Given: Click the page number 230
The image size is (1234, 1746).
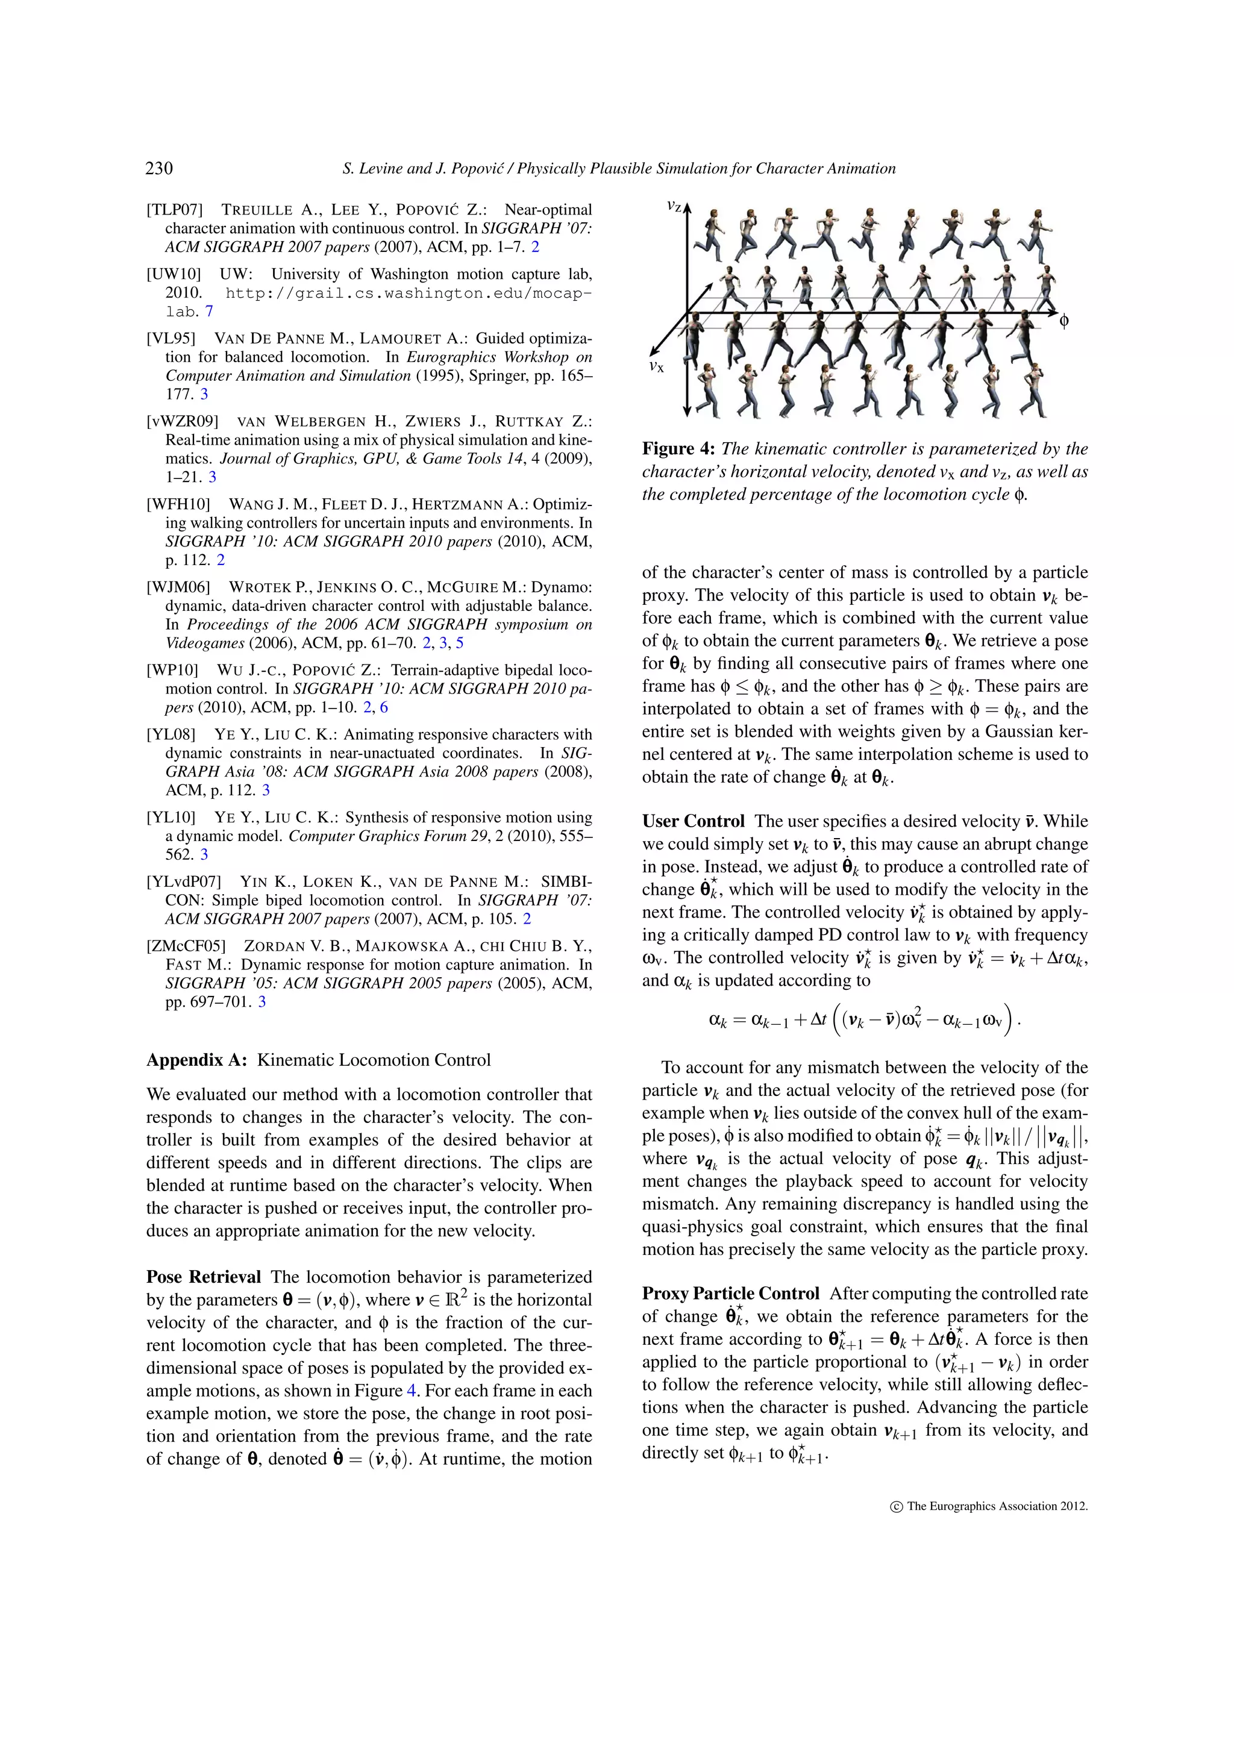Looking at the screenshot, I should coord(159,168).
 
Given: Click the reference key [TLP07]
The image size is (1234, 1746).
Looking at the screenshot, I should coord(175,210).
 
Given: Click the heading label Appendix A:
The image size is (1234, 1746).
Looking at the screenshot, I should coord(197,1060).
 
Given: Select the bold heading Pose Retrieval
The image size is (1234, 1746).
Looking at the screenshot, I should coord(204,1277).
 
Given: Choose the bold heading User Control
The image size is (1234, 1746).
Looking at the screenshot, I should coord(694,821).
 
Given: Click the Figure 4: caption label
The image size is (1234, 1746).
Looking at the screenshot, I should coord(678,449).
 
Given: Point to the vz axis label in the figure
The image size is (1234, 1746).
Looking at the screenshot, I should coord(674,206).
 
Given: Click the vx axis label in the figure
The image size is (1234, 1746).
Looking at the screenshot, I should coord(656,366).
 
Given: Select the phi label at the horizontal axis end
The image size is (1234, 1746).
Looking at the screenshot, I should coord(1063,321).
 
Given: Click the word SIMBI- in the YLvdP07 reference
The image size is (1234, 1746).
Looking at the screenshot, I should coord(566,882).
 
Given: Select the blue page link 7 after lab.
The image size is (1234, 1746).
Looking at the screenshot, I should coord(209,312).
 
